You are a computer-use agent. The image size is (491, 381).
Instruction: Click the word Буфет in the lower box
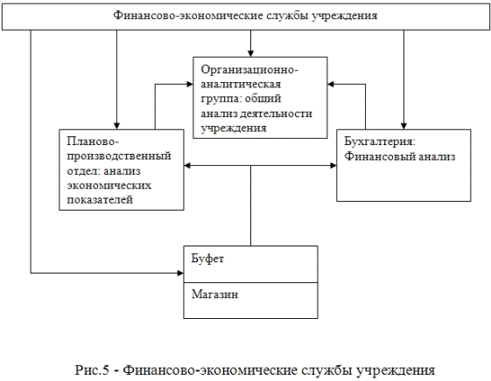pos(207,259)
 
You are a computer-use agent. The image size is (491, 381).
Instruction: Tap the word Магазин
pos(214,294)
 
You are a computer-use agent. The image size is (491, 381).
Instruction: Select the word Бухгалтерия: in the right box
pos(380,142)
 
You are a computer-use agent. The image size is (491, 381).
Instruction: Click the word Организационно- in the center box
pos(249,70)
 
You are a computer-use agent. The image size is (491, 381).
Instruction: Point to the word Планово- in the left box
pos(93,142)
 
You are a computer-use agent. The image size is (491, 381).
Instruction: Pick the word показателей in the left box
pos(100,199)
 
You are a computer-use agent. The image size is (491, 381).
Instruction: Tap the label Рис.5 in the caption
pos(92,371)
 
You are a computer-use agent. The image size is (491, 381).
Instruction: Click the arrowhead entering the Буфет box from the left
pos(180,274)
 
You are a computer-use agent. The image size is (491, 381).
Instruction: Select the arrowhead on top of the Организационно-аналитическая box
pos(250,54)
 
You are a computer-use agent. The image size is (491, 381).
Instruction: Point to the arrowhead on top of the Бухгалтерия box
pos(403,126)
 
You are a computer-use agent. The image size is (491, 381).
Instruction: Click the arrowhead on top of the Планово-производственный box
pos(116,126)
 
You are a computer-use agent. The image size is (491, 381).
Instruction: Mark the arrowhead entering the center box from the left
pos(190,84)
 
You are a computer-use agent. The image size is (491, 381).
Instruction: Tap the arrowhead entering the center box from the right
pos(331,84)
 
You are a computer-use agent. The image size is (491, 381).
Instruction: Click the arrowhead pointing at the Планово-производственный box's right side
pos(187,165)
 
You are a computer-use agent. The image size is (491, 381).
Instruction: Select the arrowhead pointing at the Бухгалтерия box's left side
pos(333,165)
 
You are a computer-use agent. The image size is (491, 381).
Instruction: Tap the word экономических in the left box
pos(109,185)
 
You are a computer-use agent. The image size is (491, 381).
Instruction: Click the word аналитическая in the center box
pos(241,85)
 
